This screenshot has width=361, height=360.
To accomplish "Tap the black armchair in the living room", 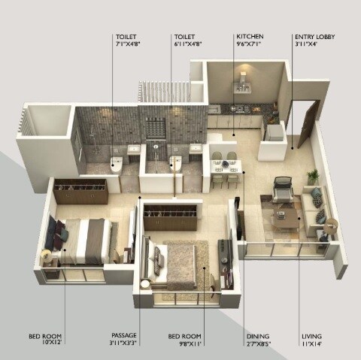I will [282, 189].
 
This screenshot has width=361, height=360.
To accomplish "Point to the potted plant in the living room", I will [313, 177].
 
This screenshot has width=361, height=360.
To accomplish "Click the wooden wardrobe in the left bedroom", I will [80, 192].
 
